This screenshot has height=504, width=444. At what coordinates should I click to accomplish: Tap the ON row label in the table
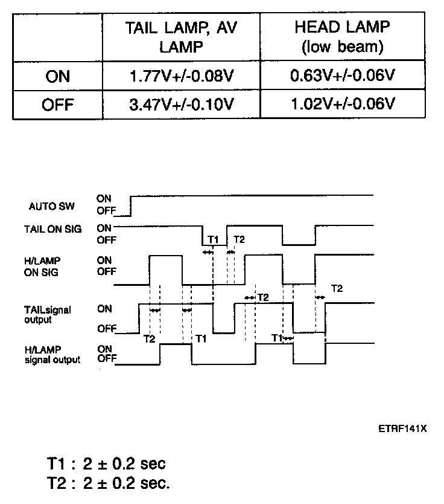coord(57,77)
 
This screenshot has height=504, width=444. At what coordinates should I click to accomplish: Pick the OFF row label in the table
coord(57,105)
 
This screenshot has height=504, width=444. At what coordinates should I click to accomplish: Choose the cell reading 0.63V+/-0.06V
coord(342,77)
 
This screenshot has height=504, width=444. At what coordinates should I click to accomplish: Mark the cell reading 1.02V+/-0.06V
coord(342,105)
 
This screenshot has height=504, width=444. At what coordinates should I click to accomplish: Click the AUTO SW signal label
coord(51,206)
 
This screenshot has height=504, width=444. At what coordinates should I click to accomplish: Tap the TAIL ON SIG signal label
coord(53,229)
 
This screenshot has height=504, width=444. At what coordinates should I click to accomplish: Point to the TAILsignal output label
coord(48,314)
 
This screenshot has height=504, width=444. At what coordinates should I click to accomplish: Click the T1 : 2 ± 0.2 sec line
coord(106,464)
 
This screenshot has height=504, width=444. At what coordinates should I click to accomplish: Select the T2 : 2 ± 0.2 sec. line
coord(108,483)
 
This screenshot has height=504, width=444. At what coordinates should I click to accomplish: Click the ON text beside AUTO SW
coord(104,198)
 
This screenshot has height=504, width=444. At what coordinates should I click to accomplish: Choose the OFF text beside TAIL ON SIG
coord(106,240)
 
